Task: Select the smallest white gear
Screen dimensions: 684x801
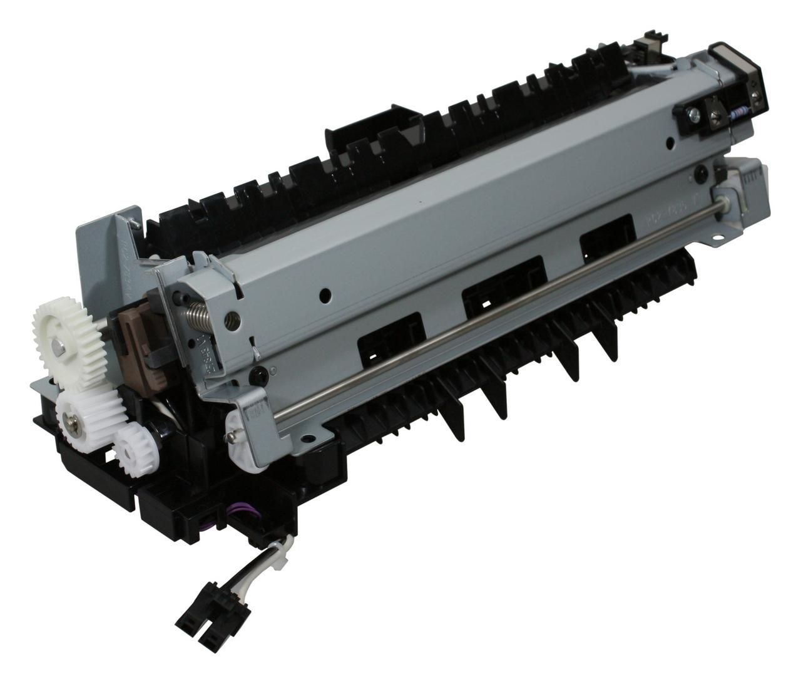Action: (x=130, y=447)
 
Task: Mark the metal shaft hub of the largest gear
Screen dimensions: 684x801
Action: (x=58, y=342)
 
